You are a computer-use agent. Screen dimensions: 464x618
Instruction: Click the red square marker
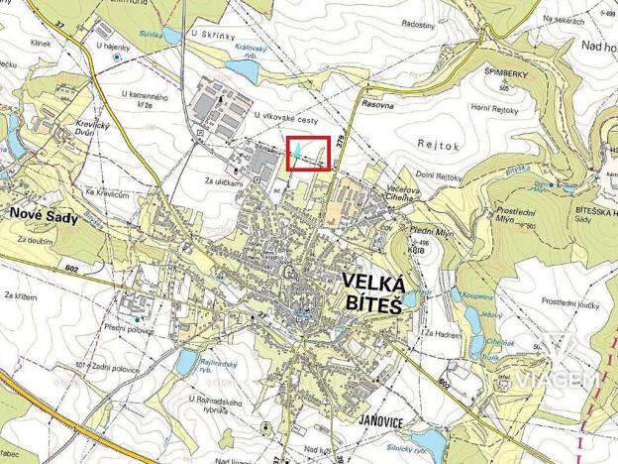click(x=308, y=154)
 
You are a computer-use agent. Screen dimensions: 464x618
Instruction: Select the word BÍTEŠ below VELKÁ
click(x=371, y=306)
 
